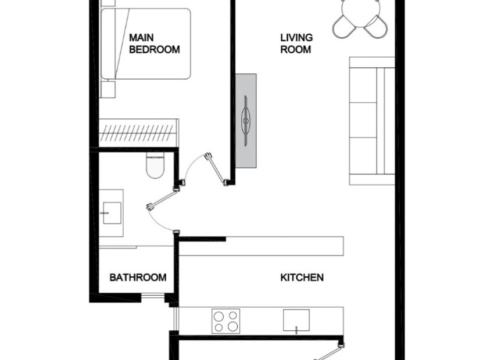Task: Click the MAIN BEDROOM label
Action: tap(154, 44)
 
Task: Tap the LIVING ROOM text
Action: tap(296, 44)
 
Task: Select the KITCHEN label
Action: tap(302, 278)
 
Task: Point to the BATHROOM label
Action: tap(138, 278)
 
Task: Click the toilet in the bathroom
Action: tap(156, 165)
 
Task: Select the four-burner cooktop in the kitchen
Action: tap(225, 321)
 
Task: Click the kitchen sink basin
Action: tap(296, 319)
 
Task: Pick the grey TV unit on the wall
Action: tap(246, 120)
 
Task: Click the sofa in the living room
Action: tap(371, 121)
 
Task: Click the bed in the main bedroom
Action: tap(145, 44)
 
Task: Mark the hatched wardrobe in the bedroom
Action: tap(138, 133)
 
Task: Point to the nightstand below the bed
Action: tap(108, 89)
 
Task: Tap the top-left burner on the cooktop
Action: tap(219, 316)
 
